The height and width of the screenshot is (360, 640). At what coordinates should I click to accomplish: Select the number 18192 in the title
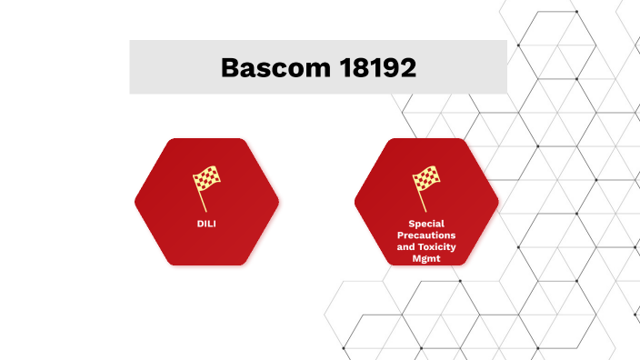373,67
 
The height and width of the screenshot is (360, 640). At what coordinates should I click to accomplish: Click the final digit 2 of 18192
406,67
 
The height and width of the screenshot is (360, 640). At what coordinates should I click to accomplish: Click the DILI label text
206,223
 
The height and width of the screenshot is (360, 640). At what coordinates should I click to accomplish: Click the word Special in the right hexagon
426,224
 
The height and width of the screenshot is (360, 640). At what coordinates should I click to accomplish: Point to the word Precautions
426,235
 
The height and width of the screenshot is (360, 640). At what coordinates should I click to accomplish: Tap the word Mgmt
426,259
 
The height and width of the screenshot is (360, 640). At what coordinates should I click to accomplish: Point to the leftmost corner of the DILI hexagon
136,202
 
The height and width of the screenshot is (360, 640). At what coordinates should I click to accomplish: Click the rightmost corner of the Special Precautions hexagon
498,202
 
